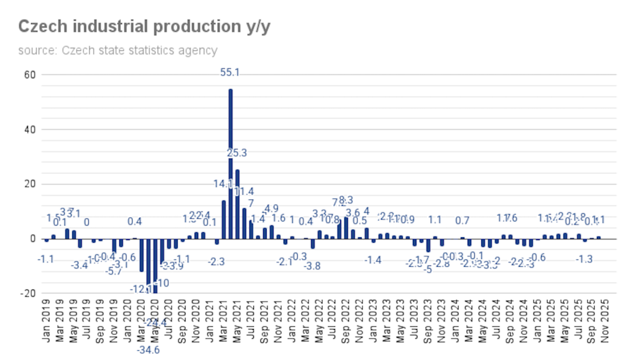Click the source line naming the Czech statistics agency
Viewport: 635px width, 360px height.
tap(117, 50)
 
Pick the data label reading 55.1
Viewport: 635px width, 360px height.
tap(231, 72)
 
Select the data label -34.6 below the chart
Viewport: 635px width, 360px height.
tap(147, 349)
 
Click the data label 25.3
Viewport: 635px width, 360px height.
tap(237, 153)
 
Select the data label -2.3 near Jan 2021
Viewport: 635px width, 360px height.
tap(217, 262)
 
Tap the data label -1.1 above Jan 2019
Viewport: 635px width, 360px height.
tap(46, 259)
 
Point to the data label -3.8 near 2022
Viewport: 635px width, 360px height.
tap(312, 265)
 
